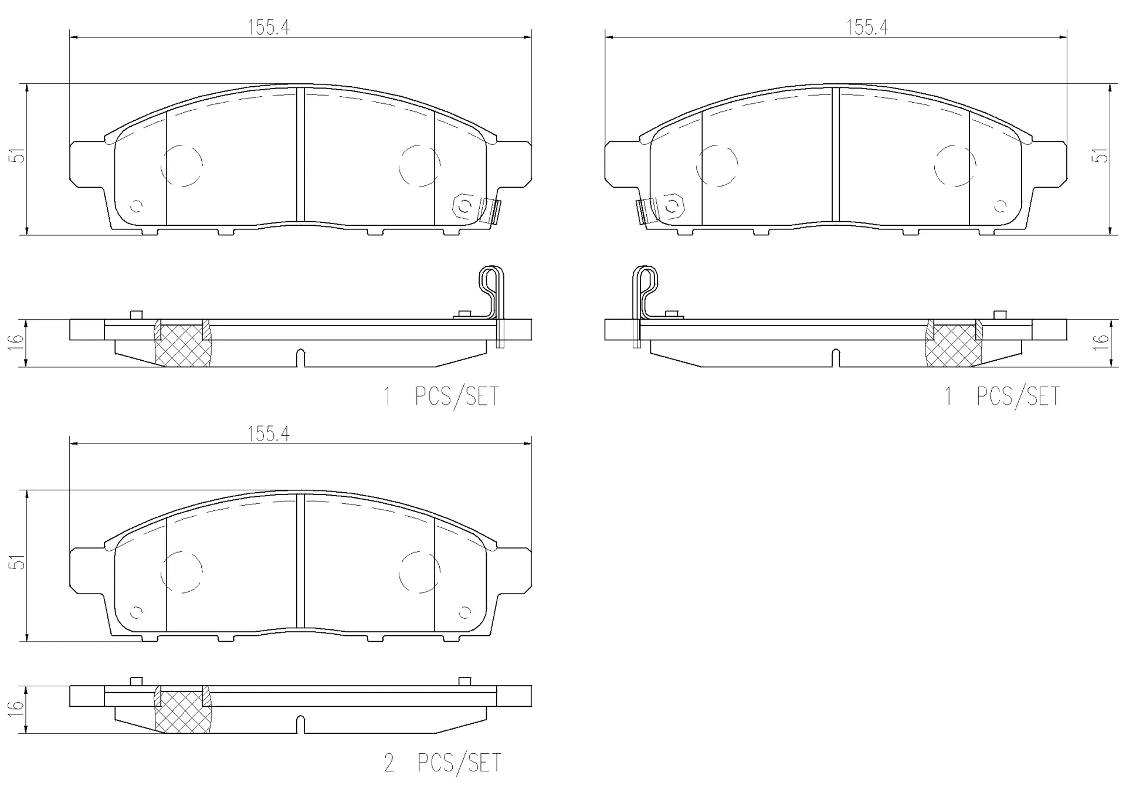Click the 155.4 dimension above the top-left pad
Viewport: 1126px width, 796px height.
click(269, 28)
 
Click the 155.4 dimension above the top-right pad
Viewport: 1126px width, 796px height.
click(867, 28)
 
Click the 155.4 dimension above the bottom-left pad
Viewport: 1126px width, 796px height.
click(269, 434)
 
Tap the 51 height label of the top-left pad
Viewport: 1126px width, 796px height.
click(20, 155)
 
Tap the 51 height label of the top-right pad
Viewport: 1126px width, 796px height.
click(1103, 155)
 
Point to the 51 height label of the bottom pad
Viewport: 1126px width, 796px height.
click(20, 562)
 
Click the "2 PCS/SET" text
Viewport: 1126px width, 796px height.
click(443, 763)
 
